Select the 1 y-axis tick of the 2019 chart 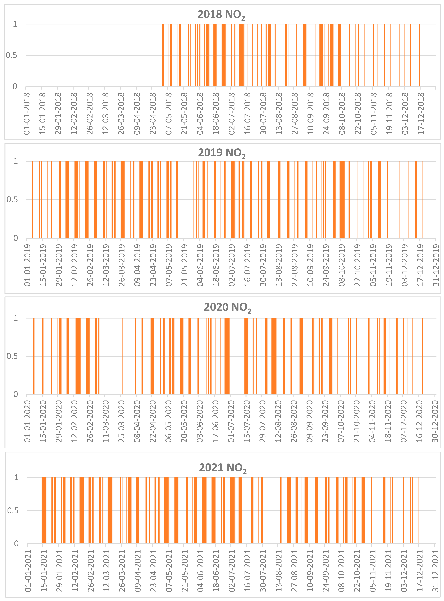tap(16, 161)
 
